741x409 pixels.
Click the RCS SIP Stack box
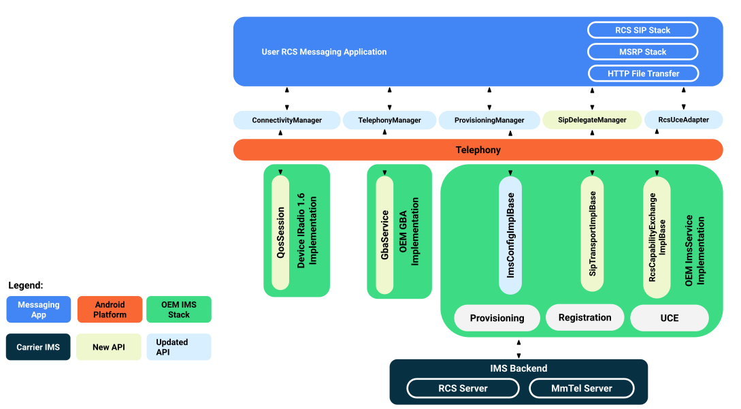(642, 30)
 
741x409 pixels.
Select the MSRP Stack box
(642, 52)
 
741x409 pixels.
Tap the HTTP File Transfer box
(642, 73)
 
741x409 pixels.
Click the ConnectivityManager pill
(286, 120)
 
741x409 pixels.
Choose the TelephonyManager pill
(389, 120)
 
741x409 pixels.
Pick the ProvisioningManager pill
(489, 120)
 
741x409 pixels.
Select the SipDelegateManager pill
(592, 120)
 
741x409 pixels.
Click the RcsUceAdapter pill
(683, 120)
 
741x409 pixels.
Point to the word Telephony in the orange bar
(478, 150)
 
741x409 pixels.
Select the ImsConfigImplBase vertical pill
(510, 235)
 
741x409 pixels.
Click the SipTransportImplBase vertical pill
(592, 235)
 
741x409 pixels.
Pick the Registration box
(584, 318)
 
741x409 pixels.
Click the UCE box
(669, 318)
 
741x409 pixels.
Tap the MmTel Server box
(581, 389)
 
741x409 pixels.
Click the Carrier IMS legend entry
(38, 347)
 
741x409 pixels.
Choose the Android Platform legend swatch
(110, 310)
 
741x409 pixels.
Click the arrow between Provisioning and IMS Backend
(518, 348)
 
